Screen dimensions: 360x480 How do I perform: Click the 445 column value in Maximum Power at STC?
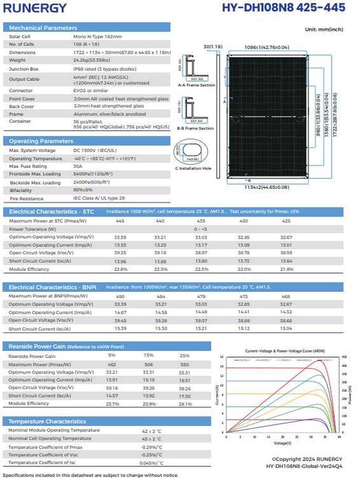coord(120,220)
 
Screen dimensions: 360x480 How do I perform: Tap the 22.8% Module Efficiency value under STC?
coord(120,269)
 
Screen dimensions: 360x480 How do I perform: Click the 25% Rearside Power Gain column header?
coord(184,355)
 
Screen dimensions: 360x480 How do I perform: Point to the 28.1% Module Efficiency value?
coord(184,403)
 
